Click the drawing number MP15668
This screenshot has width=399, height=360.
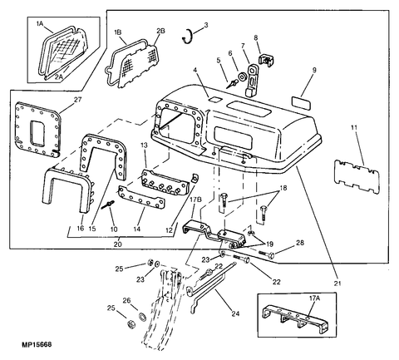tap(37, 344)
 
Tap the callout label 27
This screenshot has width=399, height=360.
tap(78, 100)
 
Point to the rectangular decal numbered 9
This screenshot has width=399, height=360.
tap(301, 102)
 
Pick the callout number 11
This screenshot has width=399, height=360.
tap(354, 128)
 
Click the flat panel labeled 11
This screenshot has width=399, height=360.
tap(357, 176)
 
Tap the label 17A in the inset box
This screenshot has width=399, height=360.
tap(314, 298)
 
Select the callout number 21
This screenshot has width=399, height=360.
tap(337, 284)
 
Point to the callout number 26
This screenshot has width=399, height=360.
tap(126, 300)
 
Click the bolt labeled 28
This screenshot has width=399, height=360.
tap(267, 254)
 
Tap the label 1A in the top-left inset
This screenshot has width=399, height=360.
tap(40, 24)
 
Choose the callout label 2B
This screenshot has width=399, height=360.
tap(160, 31)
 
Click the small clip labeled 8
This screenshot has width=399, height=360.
tap(266, 61)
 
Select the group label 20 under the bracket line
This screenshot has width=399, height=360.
tap(118, 244)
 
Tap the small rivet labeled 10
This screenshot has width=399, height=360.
tap(108, 205)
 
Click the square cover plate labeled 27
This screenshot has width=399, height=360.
tap(37, 129)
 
